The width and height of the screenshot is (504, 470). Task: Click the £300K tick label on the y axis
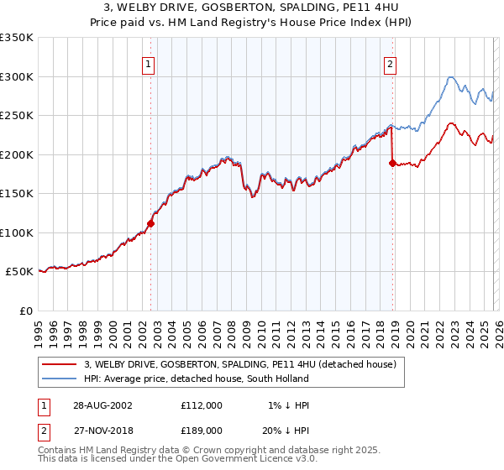[17, 76]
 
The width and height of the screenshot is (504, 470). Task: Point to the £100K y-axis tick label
[17, 232]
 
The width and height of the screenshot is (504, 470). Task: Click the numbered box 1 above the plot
[148, 63]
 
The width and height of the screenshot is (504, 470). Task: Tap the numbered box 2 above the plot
[391, 63]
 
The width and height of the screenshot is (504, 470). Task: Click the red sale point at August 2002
[151, 223]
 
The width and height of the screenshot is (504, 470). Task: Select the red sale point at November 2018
[392, 163]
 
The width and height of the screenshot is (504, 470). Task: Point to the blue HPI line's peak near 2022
[450, 77]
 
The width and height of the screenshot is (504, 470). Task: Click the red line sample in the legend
[60, 364]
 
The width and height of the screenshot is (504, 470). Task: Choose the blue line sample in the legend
[60, 379]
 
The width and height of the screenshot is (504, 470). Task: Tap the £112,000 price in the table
[201, 405]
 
